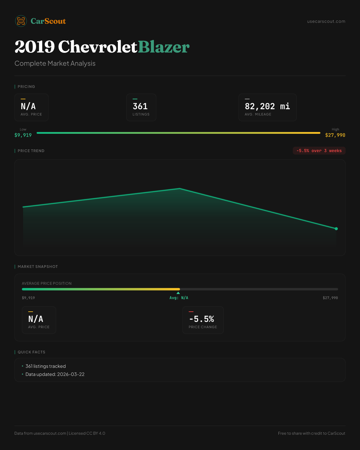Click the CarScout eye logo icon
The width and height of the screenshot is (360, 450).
[21, 21]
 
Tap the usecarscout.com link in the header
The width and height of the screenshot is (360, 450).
[326, 21]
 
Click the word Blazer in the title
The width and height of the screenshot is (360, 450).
[164, 47]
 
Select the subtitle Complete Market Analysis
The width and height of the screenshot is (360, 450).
[55, 63]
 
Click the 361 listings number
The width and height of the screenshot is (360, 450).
[140, 106]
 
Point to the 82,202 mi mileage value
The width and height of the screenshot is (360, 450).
[267, 106]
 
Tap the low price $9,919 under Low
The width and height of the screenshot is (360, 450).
[23, 135]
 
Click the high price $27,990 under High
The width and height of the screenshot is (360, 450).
[335, 135]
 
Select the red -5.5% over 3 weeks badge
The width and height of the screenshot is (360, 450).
[319, 151]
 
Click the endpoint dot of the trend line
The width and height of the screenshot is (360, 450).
[336, 229]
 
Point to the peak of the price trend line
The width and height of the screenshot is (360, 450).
[180, 188]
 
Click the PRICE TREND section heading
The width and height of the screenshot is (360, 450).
[31, 151]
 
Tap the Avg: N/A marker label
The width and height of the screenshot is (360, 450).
[179, 298]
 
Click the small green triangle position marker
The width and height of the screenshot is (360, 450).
[178, 293]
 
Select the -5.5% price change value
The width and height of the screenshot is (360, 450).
[202, 319]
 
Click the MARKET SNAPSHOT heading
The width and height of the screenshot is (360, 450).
[37, 266]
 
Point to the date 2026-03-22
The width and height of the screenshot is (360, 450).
[71, 374]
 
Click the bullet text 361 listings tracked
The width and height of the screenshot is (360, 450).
[46, 366]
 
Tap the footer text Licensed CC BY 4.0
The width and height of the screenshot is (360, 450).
[87, 433]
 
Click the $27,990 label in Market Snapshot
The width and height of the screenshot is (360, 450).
[330, 298]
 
